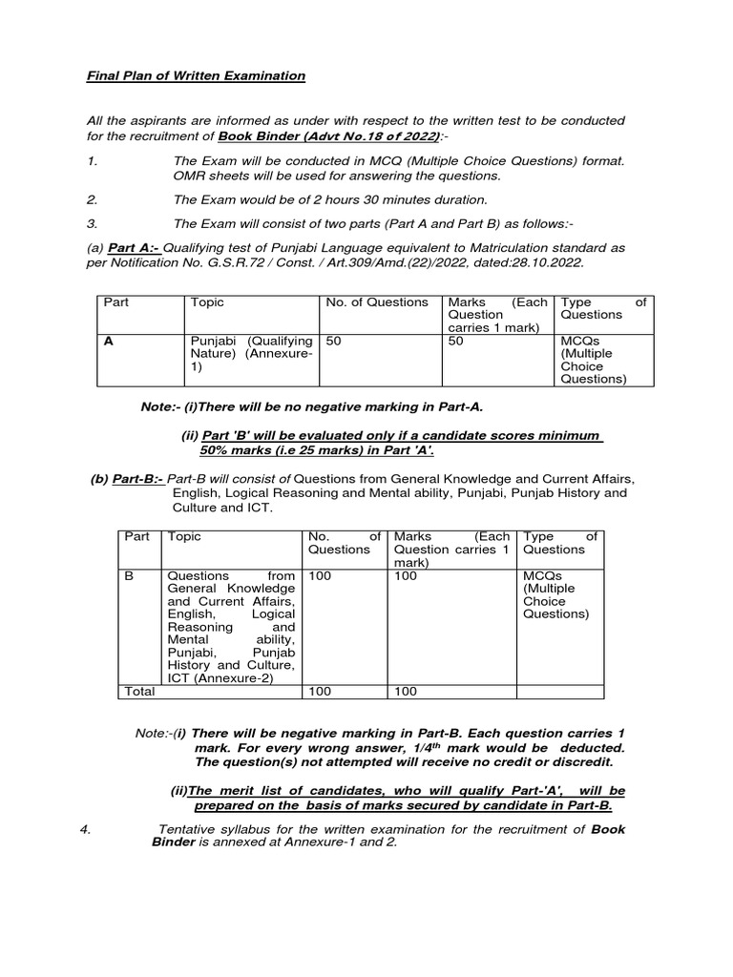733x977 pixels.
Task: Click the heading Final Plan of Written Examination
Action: click(x=196, y=75)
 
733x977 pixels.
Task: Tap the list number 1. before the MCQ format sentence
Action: click(x=92, y=161)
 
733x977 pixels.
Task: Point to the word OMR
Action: click(x=188, y=176)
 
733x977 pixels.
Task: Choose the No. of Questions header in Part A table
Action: click(x=377, y=302)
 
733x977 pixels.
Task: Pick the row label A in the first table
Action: click(x=109, y=341)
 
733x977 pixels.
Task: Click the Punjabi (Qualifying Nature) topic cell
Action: click(x=251, y=353)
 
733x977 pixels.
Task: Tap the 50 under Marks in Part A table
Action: click(x=455, y=341)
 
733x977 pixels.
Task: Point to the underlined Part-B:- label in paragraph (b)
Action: click(x=138, y=479)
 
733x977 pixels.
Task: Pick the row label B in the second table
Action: click(x=130, y=576)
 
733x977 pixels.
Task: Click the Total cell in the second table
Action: click(x=139, y=692)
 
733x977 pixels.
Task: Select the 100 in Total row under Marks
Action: click(x=406, y=692)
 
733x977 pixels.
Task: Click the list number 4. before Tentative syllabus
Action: click(x=86, y=829)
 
